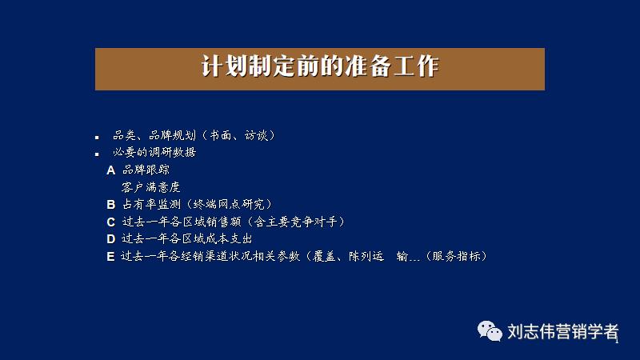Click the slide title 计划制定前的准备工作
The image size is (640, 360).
(319, 67)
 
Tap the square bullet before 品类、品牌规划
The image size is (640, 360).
(97, 137)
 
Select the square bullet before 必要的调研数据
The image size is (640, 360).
(97, 154)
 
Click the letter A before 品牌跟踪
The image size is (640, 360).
(111, 170)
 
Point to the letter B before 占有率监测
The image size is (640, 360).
(111, 205)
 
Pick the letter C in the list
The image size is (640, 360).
(111, 222)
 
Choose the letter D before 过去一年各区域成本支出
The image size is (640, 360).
(111, 238)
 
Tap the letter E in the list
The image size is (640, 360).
(111, 256)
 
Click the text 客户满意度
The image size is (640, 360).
(151, 187)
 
